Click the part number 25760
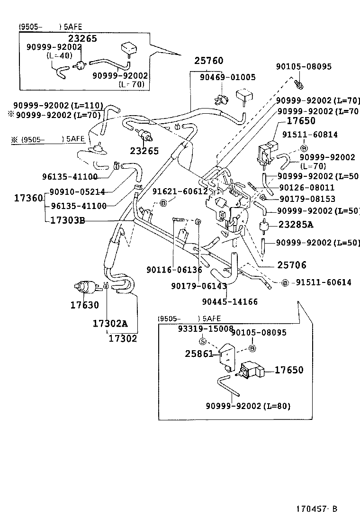click(x=208, y=61)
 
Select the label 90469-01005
click(x=227, y=77)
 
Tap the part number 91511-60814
click(x=310, y=135)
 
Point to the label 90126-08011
click(x=306, y=188)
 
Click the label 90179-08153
click(x=306, y=199)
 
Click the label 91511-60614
click(x=324, y=282)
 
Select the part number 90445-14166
click(x=230, y=301)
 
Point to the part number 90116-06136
click(x=174, y=270)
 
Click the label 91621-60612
click(x=180, y=191)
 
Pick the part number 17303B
click(x=67, y=220)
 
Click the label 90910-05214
click(x=78, y=191)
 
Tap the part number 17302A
click(x=110, y=324)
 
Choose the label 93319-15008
click(x=206, y=328)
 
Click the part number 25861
click(x=198, y=353)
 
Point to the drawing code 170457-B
click(x=317, y=509)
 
